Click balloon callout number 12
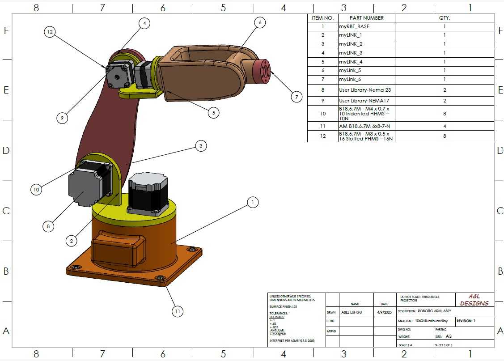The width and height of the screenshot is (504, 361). [x=50, y=32]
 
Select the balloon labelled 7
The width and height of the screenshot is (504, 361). [x=296, y=97]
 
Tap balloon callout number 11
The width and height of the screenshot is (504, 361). [x=178, y=311]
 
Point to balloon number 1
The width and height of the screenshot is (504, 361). [x=253, y=202]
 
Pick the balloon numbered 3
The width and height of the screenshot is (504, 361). [x=201, y=145]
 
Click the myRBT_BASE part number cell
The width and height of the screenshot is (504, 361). [x=354, y=26]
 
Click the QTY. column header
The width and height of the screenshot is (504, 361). [x=444, y=18]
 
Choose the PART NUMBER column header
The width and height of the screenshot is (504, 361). [x=366, y=18]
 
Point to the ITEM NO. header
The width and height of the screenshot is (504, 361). [x=322, y=18]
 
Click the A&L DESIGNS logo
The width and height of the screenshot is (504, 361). [x=474, y=300]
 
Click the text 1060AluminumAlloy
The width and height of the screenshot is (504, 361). [x=431, y=321]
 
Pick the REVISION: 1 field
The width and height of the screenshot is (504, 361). [x=466, y=321]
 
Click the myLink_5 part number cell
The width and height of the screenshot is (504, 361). [x=349, y=70]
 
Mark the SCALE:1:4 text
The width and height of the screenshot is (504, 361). [x=407, y=345]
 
